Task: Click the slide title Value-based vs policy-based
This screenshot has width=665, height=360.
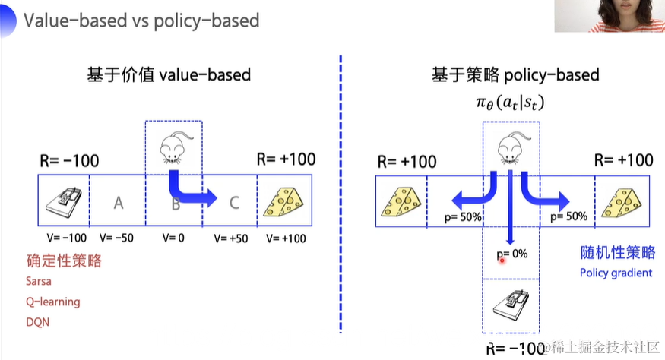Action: pos(141,20)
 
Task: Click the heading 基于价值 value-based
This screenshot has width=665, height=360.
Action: pos(168,74)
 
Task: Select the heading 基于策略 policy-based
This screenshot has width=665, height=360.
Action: pos(515,74)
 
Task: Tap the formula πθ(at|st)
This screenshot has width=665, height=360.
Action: pos(511,101)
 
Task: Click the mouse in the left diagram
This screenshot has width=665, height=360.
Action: pos(173,147)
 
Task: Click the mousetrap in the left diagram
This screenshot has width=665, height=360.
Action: pos(63,200)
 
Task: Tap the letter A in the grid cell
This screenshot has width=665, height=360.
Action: pos(118,202)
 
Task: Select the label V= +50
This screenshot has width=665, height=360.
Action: pos(230,238)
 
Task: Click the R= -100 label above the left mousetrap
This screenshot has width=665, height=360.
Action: pos(69,161)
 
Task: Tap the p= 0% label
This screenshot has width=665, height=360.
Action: pos(511,254)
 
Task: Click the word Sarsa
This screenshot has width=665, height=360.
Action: pos(39,282)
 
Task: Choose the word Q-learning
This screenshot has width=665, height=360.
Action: pos(52,302)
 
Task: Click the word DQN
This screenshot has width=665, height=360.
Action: pos(37,321)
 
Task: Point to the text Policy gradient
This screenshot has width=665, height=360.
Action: pos(616,273)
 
